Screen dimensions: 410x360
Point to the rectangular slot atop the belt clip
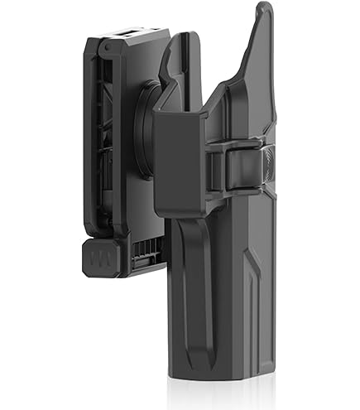[x=133, y=34]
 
